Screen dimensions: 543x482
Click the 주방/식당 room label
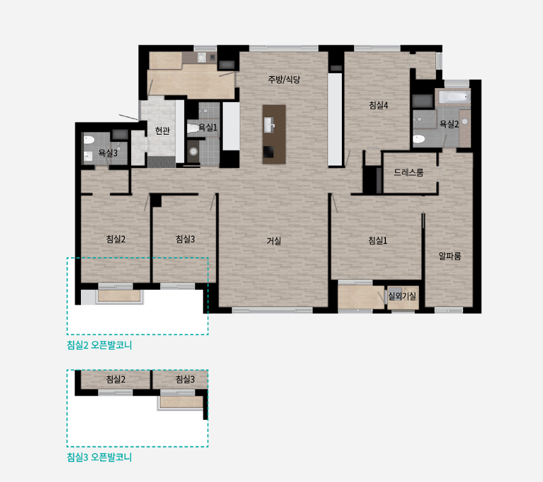coord(284,80)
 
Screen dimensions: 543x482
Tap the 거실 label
coord(274,240)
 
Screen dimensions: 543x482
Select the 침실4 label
coord(379,105)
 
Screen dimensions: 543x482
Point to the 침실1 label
coord(378,240)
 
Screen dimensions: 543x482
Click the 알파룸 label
coord(450,256)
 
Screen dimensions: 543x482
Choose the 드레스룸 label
coord(409,172)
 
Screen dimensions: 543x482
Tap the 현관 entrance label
coord(162,130)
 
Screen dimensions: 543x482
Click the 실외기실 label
coord(402,296)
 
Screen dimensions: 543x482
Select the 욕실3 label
coord(108,153)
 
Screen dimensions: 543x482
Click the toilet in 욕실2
coord(419,139)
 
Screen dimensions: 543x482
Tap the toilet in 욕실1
coord(193,128)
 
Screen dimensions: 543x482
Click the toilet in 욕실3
coord(89,140)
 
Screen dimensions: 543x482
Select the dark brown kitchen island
coord(274,134)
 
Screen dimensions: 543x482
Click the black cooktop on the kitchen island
coord(268,152)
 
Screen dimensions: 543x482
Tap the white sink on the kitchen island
coord(269,124)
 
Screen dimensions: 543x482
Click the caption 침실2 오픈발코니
coord(100,345)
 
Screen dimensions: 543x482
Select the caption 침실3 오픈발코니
coord(100,457)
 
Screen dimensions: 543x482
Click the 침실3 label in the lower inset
coord(185,379)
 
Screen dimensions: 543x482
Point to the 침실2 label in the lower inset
coord(115,379)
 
